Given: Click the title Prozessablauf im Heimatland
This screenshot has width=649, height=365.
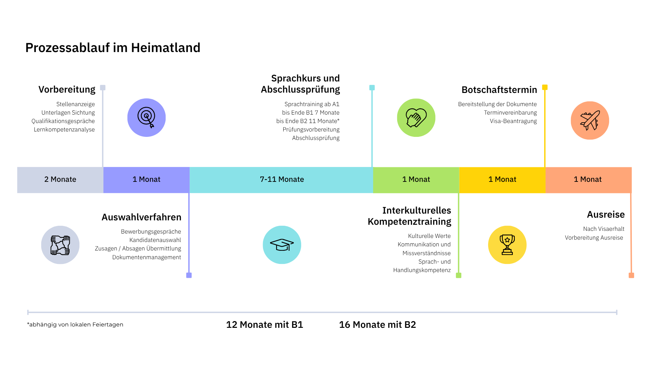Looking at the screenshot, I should (113, 48).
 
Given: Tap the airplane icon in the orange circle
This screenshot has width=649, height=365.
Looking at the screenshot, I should (590, 121).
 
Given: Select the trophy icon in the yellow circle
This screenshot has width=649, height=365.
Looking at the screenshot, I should (507, 245).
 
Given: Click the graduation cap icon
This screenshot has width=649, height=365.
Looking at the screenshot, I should (282, 245).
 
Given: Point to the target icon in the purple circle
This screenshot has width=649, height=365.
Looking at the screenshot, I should (146, 118).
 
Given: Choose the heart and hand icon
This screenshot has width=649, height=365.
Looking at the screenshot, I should (416, 118).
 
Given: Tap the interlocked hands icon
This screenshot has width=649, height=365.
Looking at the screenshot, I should (60, 245).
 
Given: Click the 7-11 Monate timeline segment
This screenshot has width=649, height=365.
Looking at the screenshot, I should (282, 179).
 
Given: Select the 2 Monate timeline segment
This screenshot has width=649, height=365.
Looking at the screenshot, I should (60, 179).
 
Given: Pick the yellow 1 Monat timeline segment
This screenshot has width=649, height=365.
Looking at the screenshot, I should (502, 179).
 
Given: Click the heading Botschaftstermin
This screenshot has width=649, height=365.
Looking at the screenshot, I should (499, 90).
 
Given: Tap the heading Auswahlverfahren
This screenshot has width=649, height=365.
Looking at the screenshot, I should (141, 217).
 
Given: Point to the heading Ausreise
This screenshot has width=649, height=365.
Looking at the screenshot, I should (606, 214).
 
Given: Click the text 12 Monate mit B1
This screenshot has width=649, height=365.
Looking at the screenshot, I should (264, 324).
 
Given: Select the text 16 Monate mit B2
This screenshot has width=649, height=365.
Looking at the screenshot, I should (377, 324).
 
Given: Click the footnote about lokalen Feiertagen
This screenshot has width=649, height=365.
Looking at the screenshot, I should (75, 324).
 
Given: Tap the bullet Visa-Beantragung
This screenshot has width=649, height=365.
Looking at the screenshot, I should (513, 121).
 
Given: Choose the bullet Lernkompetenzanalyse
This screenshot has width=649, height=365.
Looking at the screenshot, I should (64, 129).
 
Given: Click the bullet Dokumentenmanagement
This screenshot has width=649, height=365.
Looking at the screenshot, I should (146, 257).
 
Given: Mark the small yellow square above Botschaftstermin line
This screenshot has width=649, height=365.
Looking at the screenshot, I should (545, 87).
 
